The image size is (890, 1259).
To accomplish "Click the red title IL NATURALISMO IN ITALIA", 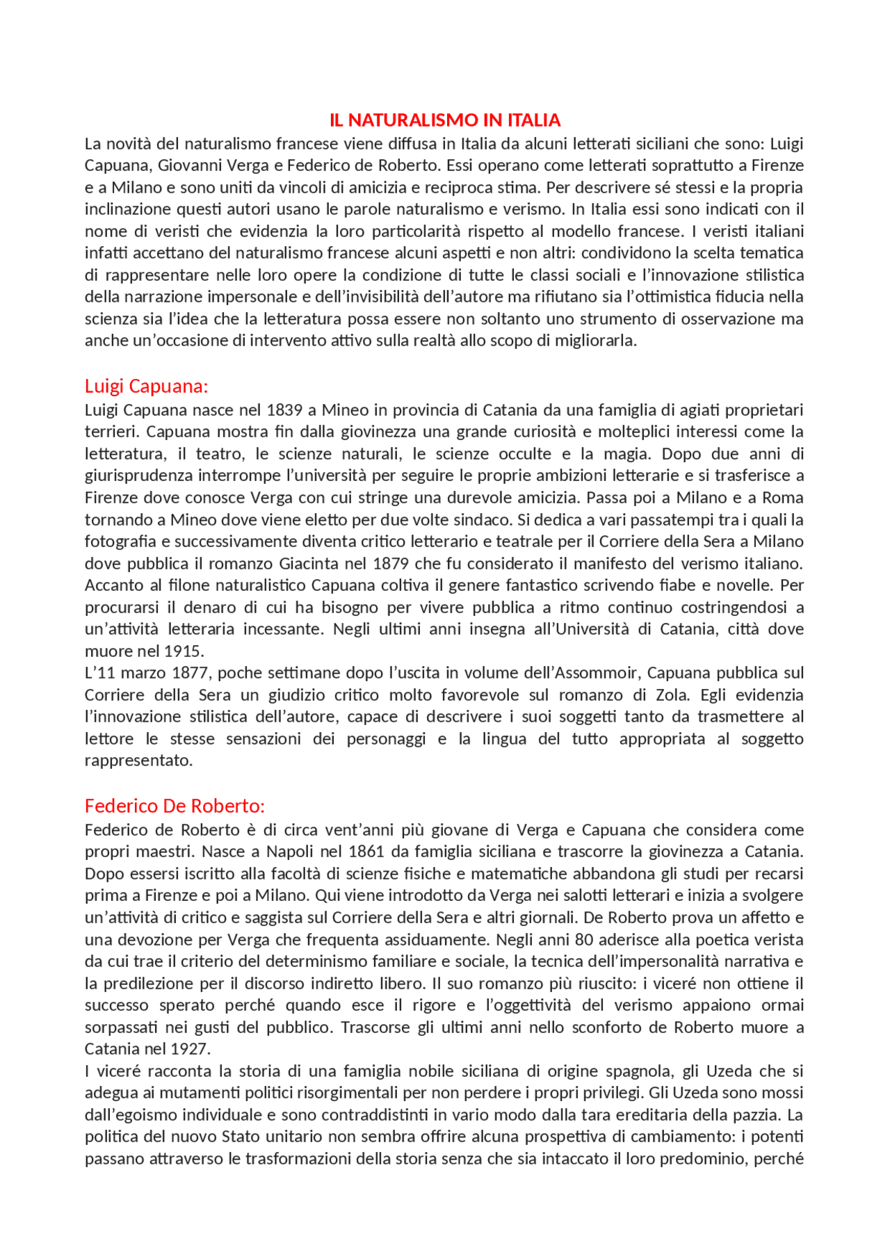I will point(444,120).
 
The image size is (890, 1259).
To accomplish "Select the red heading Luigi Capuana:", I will point(146,386).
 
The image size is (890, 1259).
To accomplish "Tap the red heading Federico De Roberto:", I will point(175,806).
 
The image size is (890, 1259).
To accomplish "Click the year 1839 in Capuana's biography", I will point(284,409).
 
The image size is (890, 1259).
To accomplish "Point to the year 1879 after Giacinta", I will point(391,563).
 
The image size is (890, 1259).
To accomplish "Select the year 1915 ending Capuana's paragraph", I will point(183,651).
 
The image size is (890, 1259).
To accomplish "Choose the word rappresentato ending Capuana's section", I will point(138,761).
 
